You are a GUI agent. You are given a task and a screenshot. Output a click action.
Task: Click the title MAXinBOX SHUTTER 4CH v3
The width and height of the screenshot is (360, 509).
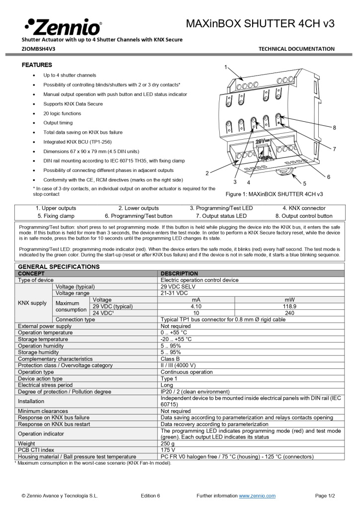260,23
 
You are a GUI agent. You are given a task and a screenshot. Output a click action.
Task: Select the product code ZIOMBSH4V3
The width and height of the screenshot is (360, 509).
38,49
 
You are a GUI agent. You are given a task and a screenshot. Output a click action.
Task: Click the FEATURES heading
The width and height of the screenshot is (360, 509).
37,65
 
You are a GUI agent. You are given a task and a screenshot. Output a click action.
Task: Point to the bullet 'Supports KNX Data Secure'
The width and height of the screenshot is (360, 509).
73,104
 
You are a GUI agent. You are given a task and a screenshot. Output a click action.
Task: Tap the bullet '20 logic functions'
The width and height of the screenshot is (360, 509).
62,113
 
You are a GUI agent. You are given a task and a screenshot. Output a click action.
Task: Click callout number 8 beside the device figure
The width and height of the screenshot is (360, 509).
334,128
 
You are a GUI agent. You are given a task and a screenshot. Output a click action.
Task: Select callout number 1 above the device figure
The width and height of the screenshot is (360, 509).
225,67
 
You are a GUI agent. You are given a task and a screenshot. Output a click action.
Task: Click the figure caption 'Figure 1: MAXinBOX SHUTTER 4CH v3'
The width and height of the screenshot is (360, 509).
274,194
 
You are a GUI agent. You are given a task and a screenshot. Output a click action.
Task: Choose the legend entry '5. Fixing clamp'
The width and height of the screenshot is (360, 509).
56,216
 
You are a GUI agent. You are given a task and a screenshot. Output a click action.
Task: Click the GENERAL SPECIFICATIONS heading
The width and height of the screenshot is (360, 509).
59,267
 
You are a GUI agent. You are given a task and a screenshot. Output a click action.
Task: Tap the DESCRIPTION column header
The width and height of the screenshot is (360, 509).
179,273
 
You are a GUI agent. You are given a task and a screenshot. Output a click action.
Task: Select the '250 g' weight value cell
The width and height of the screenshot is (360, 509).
168,443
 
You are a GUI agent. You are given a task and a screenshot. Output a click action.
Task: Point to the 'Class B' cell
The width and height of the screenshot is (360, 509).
170,358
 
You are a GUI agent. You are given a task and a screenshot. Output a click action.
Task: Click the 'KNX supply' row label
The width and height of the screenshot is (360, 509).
32,303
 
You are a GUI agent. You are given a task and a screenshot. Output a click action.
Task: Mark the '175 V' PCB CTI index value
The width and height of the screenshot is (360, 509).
168,450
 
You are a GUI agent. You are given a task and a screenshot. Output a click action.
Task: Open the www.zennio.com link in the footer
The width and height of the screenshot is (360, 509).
257,496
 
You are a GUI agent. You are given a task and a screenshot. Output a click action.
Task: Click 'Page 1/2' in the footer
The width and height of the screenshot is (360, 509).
325,496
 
